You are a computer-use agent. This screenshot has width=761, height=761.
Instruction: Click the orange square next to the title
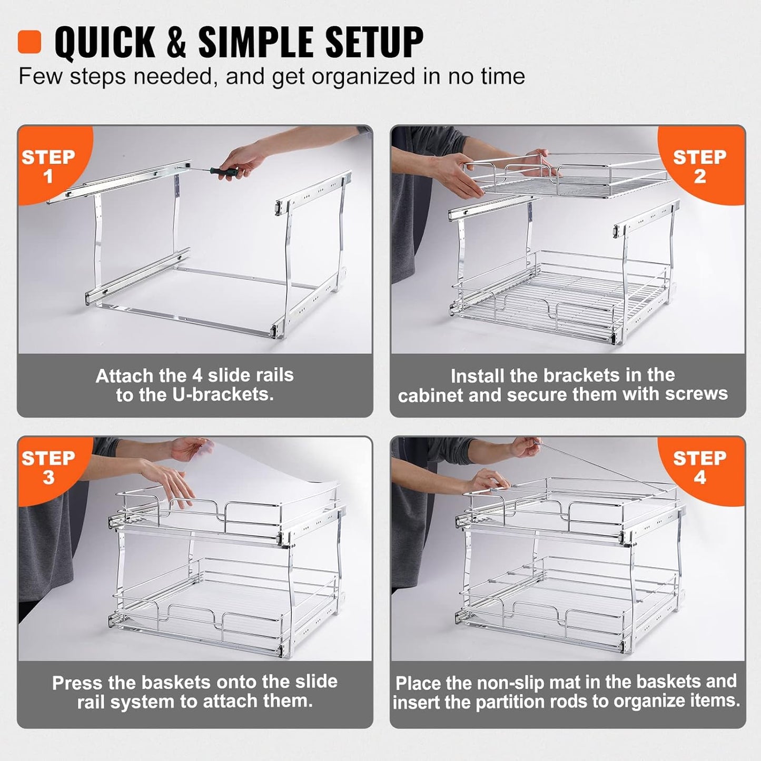(x=29, y=42)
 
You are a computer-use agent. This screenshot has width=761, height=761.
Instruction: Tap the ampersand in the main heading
(x=176, y=42)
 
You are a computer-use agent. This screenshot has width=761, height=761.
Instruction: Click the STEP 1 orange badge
(x=48, y=165)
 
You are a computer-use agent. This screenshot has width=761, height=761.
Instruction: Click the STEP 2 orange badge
(x=699, y=165)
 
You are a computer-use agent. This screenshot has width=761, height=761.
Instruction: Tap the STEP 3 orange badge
(x=48, y=467)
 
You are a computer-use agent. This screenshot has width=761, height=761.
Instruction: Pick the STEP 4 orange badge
(x=699, y=467)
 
